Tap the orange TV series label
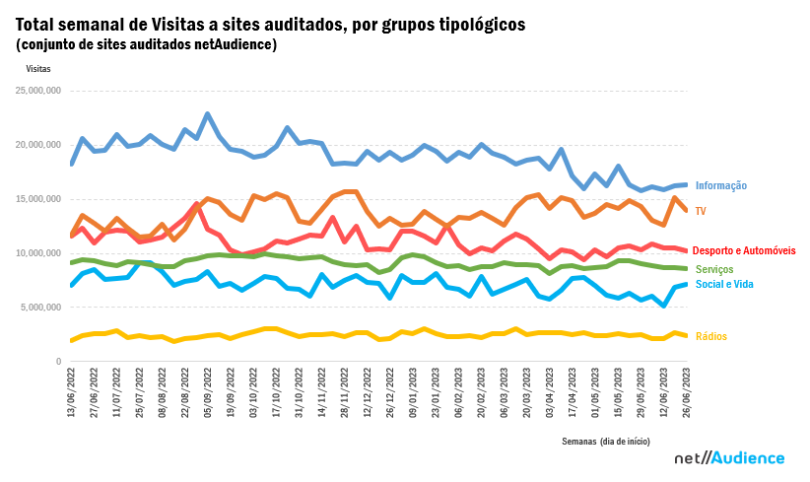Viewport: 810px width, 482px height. point(701,211)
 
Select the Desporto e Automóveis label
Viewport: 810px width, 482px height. point(744,251)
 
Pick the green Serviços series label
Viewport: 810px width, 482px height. point(714,269)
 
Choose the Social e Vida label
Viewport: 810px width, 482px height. point(726,284)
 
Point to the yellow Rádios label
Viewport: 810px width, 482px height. point(710,336)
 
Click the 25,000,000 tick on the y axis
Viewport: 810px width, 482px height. point(39,91)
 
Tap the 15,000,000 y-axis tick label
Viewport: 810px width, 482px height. point(39,199)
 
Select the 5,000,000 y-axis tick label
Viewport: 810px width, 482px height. point(42,308)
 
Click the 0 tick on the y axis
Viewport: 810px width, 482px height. point(58,362)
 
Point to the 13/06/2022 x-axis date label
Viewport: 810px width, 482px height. point(70,392)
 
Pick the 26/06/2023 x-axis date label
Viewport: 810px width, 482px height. point(685,392)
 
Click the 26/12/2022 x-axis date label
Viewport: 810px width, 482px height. point(389,392)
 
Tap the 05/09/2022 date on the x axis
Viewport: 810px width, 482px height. point(207,392)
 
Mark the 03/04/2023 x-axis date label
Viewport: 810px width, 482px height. point(548,392)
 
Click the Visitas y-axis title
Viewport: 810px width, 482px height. point(38,69)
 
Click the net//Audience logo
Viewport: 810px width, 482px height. point(729,458)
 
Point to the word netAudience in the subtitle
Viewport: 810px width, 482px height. point(236,44)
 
